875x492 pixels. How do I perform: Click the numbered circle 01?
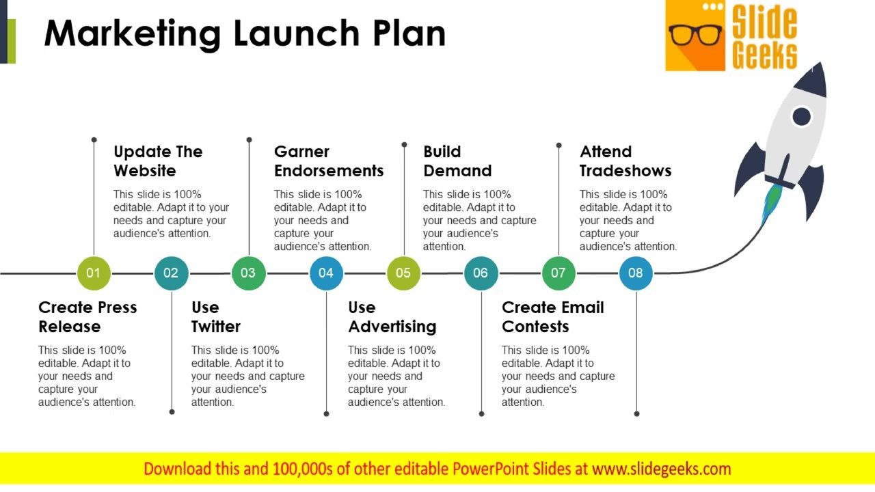click(94, 273)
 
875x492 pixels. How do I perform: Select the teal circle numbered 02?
click(171, 273)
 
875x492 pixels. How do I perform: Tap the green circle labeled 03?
click(248, 273)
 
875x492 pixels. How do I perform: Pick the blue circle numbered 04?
click(326, 273)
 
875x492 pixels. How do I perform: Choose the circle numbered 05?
click(403, 273)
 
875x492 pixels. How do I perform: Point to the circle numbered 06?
click(481, 273)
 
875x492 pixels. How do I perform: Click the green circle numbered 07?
click(558, 273)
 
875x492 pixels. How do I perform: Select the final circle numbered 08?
click(636, 273)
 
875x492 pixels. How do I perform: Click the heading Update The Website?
click(158, 161)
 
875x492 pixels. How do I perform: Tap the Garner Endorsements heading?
click(329, 161)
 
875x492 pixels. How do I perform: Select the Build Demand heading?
click(457, 161)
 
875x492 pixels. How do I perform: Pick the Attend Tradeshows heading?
click(625, 161)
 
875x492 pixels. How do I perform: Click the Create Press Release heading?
click(87, 317)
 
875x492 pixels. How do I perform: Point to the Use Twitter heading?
click(215, 317)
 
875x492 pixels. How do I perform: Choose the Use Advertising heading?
click(392, 317)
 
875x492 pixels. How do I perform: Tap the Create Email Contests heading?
click(552, 317)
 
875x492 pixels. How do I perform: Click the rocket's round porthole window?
click(801, 117)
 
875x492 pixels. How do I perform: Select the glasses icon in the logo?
click(695, 34)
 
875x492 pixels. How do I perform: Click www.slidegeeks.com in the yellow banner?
click(661, 469)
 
